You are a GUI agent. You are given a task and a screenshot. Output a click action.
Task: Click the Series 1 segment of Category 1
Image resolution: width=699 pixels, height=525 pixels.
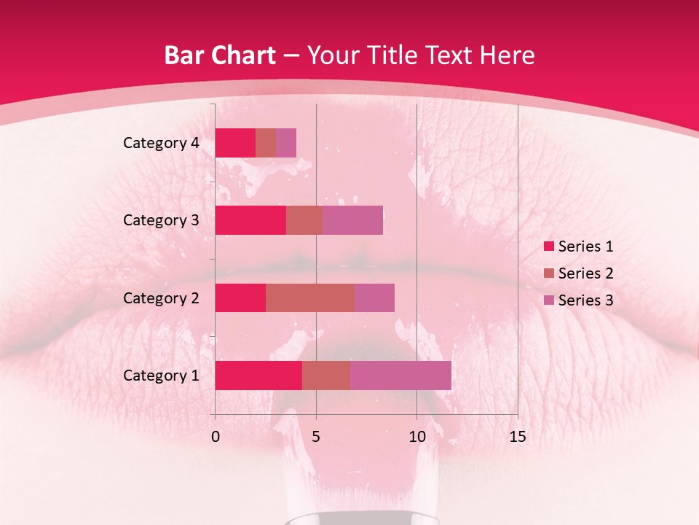[x=258, y=376]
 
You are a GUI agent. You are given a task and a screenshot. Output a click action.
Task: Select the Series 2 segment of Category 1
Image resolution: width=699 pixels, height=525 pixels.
[x=326, y=376]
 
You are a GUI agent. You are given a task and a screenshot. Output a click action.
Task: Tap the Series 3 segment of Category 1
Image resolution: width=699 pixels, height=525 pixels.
[x=400, y=376]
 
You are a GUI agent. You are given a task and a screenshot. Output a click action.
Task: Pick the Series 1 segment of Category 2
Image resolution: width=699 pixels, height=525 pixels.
[x=240, y=297]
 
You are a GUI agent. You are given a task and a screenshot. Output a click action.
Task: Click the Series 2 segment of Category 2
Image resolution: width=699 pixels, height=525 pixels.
[x=310, y=297]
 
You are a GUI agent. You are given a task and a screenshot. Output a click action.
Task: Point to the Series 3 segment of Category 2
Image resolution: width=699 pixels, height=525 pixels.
[x=374, y=297]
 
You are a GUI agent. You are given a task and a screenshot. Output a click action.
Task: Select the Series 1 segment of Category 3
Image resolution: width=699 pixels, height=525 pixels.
[x=250, y=220]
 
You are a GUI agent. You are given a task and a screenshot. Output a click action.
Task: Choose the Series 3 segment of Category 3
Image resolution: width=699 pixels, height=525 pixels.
[x=352, y=220]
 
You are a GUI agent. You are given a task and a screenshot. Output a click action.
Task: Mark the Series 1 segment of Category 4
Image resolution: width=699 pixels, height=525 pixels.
[x=235, y=143]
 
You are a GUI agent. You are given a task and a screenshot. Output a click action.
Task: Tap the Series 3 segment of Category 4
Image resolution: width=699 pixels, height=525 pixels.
[x=286, y=143]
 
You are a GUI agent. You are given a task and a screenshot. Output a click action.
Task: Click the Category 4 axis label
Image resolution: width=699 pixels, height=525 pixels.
[x=161, y=143]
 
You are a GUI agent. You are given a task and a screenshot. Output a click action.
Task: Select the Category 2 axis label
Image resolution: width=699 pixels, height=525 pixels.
[x=161, y=297]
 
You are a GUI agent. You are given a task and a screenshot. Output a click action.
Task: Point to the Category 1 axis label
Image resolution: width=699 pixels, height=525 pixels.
[x=161, y=376]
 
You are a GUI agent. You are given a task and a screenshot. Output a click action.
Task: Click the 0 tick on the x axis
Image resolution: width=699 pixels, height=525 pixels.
[x=215, y=437]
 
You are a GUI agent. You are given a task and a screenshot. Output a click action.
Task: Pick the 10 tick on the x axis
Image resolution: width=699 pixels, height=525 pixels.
[x=416, y=437]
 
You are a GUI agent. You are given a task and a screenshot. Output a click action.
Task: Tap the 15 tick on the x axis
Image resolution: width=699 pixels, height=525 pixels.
[x=517, y=437]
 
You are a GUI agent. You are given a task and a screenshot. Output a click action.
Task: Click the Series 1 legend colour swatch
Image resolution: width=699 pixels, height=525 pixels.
[x=548, y=246]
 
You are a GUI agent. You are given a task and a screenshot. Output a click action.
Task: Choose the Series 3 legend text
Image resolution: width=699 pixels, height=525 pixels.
[x=585, y=300]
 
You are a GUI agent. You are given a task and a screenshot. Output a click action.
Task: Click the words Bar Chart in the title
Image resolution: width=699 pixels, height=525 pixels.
[x=220, y=55]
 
